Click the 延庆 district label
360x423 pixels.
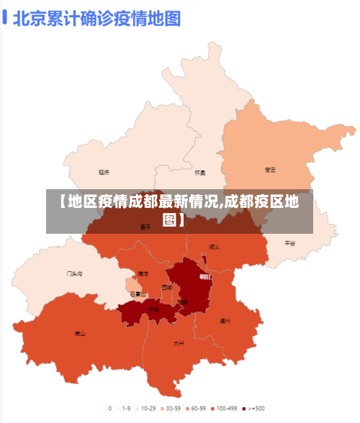[x=104, y=172]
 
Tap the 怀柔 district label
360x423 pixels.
[x=200, y=173]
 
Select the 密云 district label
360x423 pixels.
[x=271, y=170]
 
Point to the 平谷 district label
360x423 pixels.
[x=289, y=243]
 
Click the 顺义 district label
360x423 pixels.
[x=214, y=246]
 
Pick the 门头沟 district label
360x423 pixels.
[x=75, y=273]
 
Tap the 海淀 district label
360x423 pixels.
[x=143, y=274]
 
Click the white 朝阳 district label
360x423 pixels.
[x=205, y=276]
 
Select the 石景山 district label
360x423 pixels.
[x=138, y=294]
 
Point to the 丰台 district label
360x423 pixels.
[x=153, y=309]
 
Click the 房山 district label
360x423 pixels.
[x=80, y=333]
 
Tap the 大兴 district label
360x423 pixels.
[x=178, y=343]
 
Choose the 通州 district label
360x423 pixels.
[x=225, y=321]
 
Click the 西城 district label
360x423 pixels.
[x=167, y=287]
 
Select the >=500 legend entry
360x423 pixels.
[x=255, y=408]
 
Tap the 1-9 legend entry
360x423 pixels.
[x=125, y=408]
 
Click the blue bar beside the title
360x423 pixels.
[x=5, y=17]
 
